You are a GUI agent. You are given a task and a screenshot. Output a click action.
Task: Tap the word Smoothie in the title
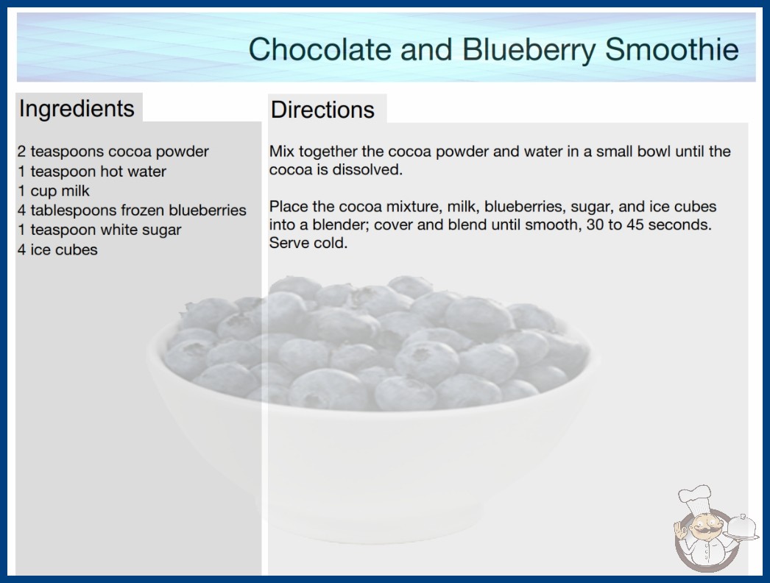pyautogui.click(x=671, y=49)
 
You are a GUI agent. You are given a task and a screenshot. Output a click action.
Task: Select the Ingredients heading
pyautogui.click(x=77, y=108)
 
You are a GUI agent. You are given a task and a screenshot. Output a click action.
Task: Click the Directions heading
pyautogui.click(x=322, y=110)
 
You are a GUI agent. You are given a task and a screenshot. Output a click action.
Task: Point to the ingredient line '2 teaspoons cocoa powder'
pyautogui.click(x=113, y=152)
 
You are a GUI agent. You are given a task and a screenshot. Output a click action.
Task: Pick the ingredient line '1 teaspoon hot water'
pyautogui.click(x=92, y=172)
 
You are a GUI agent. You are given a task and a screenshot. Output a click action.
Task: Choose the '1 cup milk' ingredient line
pyautogui.click(x=54, y=191)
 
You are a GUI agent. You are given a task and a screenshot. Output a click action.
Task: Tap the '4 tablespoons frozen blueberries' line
pyautogui.click(x=132, y=211)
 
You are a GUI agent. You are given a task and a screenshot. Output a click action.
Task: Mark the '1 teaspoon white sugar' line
pyautogui.click(x=99, y=230)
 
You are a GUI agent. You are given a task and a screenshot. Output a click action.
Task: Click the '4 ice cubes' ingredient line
pyautogui.click(x=57, y=250)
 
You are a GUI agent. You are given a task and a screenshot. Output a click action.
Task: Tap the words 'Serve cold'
pyautogui.click(x=308, y=243)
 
